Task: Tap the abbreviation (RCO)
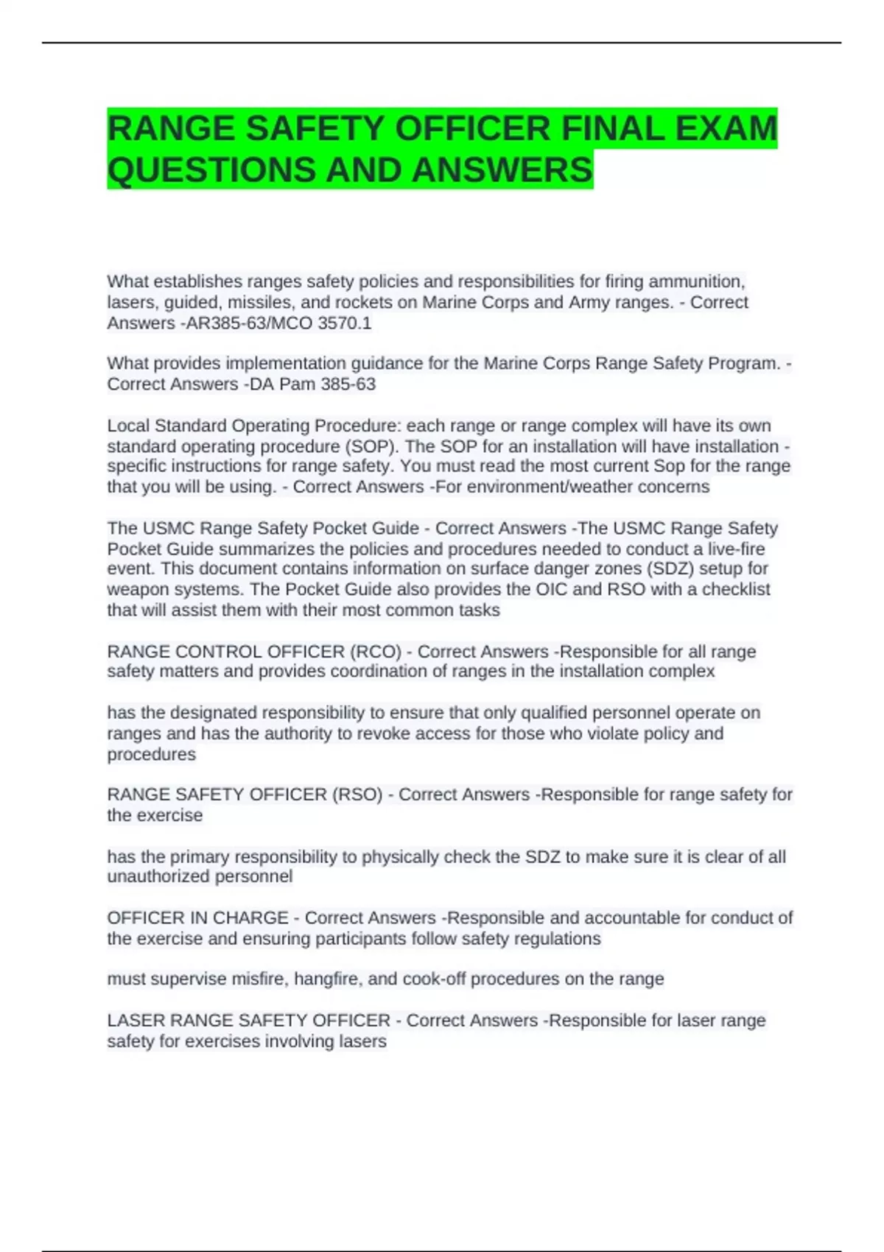point(376,652)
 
